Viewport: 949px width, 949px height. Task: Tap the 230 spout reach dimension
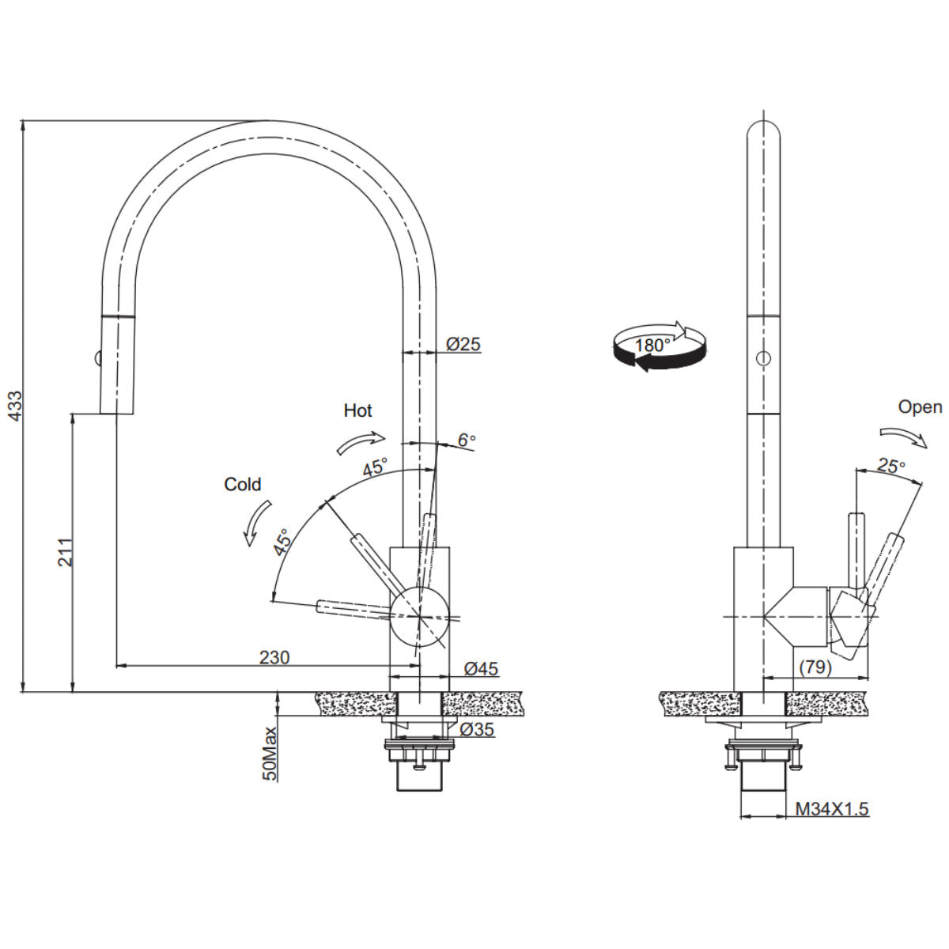(274, 657)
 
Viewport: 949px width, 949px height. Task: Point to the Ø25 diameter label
(463, 344)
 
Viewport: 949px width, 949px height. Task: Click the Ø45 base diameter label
(481, 669)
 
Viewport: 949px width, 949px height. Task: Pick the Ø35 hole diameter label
(476, 729)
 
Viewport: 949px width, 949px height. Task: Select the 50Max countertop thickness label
(270, 753)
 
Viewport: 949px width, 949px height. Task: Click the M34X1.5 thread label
(832, 809)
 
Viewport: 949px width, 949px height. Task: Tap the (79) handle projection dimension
(815, 667)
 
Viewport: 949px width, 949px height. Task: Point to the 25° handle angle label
(890, 467)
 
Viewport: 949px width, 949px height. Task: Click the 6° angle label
(467, 440)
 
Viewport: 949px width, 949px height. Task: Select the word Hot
(357, 410)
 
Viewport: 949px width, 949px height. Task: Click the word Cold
(242, 484)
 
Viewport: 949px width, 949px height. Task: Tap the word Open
(920, 407)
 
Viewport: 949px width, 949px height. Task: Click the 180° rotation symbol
(658, 346)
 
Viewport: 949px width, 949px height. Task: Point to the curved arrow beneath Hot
(361, 443)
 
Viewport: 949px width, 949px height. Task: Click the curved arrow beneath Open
(902, 437)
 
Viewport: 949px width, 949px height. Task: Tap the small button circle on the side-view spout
(763, 358)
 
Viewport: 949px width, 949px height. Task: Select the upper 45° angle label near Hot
(375, 467)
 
